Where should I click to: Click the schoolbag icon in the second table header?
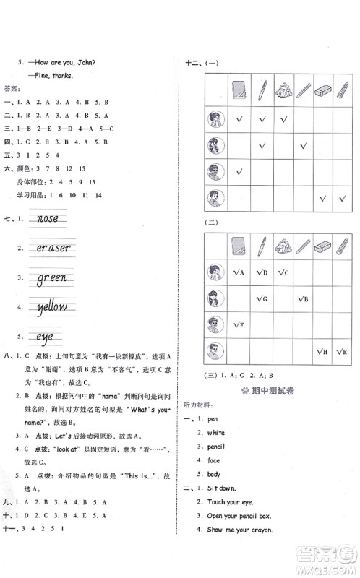pyautogui.click(x=282, y=246)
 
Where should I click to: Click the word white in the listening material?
pyautogui.click(x=215, y=433)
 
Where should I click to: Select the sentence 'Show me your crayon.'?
pyautogui.click(x=239, y=530)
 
